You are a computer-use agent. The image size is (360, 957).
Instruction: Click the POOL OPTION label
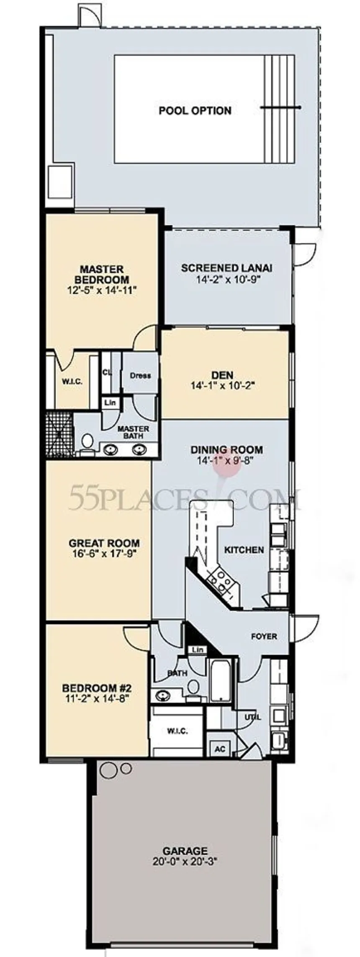click(x=195, y=111)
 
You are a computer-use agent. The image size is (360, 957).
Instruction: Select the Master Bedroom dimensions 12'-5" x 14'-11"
click(x=103, y=290)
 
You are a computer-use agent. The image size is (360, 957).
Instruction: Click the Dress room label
click(x=140, y=375)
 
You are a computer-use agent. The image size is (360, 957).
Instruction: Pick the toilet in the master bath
click(x=87, y=442)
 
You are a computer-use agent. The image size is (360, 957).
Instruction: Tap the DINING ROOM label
click(x=227, y=450)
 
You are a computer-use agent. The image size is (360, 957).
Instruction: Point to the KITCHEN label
click(x=244, y=549)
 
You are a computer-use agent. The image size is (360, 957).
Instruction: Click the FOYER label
click(x=264, y=636)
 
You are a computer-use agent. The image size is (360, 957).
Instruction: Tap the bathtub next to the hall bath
click(x=221, y=681)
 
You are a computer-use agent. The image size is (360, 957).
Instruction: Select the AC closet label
click(x=220, y=749)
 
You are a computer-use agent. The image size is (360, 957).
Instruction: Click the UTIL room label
click(x=253, y=716)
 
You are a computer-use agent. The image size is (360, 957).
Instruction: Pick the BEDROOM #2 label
click(x=97, y=688)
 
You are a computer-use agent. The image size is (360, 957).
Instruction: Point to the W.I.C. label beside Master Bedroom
click(x=72, y=382)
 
